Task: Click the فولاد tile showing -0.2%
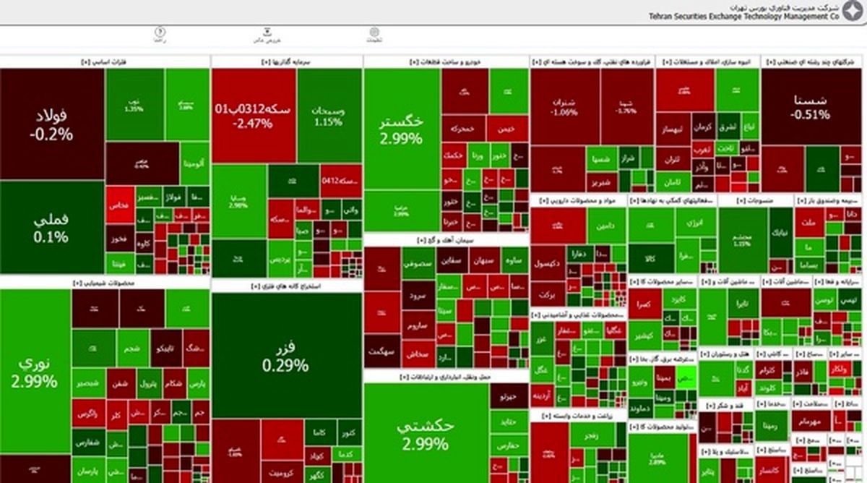pos(52,124)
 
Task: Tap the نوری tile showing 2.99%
pos(35,373)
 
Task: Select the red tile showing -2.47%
pos(253,116)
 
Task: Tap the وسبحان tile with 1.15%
pos(328,116)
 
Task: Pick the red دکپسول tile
pos(547,265)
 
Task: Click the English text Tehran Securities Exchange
pos(722,14)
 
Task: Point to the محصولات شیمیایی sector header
pos(105,283)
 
